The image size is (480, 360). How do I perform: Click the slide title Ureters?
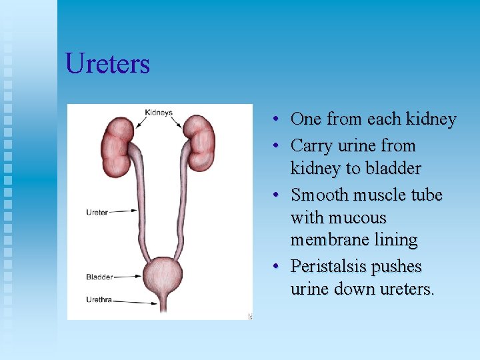tap(107, 64)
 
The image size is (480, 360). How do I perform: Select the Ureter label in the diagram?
tap(97, 213)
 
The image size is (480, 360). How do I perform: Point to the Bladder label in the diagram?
tap(99, 277)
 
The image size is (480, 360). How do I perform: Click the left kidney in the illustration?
tap(117, 138)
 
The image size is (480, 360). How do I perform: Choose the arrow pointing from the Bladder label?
tap(127, 276)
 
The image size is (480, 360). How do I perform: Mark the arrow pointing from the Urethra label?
tap(133, 301)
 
